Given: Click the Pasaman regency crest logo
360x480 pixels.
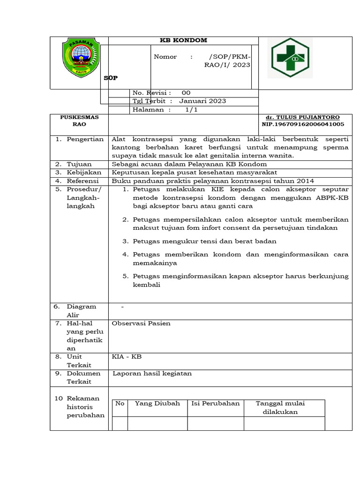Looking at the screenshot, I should click(81, 59).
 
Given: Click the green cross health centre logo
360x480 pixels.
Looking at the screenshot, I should click(288, 58).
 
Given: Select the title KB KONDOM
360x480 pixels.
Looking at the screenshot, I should click(183, 40).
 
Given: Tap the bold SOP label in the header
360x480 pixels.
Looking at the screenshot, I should click(111, 78).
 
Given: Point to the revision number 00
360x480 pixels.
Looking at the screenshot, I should click(186, 93).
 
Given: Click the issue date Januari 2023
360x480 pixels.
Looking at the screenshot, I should click(202, 101).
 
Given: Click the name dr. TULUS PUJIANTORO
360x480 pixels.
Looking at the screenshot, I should click(303, 117).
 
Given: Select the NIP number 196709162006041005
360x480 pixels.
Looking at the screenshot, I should click(303, 124).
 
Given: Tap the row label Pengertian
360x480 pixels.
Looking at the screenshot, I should click(85, 139).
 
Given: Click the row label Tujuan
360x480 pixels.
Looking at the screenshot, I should click(79, 164).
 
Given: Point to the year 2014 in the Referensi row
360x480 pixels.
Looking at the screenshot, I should click(305, 181).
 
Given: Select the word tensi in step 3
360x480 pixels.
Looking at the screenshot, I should click(202, 241).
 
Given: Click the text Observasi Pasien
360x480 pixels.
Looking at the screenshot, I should click(141, 323).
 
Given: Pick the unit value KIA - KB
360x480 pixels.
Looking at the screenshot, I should click(127, 357).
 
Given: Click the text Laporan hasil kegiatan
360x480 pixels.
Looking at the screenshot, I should click(152, 373).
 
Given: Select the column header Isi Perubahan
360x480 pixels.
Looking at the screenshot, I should click(216, 403).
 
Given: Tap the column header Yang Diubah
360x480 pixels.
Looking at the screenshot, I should click(157, 403).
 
